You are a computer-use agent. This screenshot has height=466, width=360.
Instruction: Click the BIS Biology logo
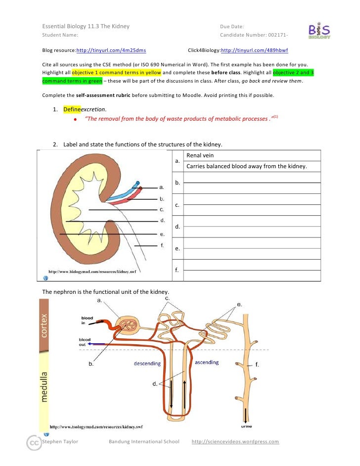[x=320, y=31]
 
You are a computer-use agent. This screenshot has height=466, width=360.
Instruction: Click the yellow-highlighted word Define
[x=72, y=109]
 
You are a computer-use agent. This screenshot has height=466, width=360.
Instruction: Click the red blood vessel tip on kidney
[x=140, y=188]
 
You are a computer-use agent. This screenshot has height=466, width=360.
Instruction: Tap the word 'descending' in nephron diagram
[x=147, y=364]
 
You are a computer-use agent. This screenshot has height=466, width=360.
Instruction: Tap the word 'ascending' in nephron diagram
[x=207, y=363]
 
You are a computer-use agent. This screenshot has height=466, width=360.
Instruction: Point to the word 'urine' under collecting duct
[x=246, y=425]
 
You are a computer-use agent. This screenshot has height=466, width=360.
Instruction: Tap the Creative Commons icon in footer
[x=34, y=444]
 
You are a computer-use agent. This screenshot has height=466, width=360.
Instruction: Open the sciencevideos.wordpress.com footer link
[x=235, y=442]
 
